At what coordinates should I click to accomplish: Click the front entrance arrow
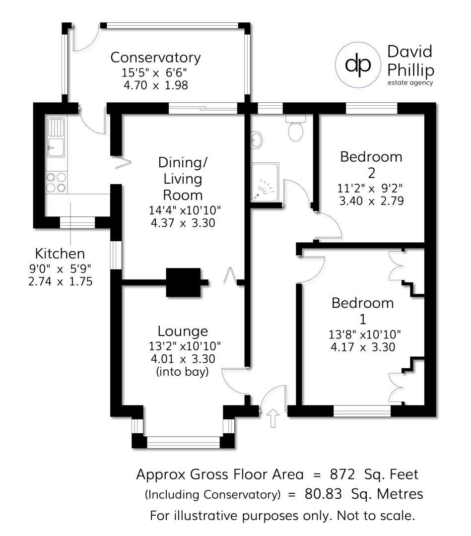(272, 418)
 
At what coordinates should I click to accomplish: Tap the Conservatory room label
(155, 58)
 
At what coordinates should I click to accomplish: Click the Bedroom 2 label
(371, 164)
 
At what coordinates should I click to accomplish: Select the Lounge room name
(183, 331)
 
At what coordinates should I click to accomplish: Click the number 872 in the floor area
(343, 474)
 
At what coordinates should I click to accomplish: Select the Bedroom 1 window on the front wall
(362, 410)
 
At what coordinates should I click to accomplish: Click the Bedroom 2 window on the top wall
(372, 108)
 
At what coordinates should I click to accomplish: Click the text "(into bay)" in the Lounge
(182, 371)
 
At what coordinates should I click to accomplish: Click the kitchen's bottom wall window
(77, 222)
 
